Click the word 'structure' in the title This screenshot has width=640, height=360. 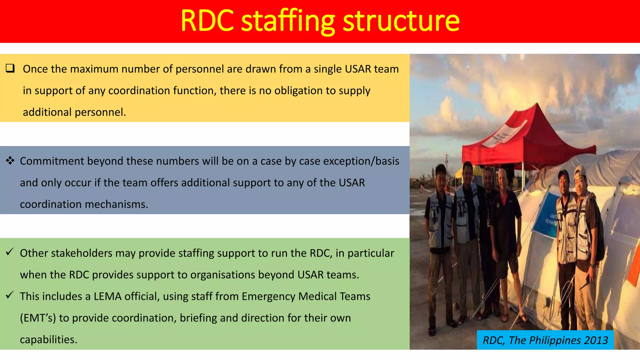tap(401, 21)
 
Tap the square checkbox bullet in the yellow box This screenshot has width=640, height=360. tap(10, 68)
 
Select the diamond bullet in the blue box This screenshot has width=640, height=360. tap(10, 161)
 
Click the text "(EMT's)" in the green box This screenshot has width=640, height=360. tap(38, 318)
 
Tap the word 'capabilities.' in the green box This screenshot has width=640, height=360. tap(48, 340)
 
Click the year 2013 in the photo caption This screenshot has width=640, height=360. tap(596, 340)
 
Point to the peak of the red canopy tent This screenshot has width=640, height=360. tap(537, 106)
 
